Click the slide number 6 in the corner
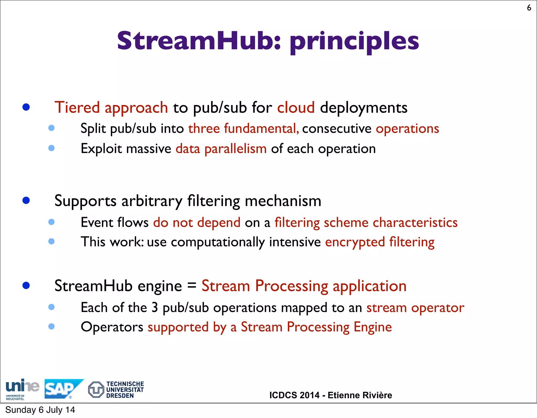click(529, 8)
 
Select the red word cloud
click(296, 107)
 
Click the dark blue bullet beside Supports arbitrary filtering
click(26, 200)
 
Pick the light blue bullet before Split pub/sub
click(52, 128)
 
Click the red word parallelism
click(235, 149)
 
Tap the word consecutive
click(337, 129)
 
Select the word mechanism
click(283, 201)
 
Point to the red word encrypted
click(355, 242)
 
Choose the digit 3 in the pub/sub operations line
click(155, 308)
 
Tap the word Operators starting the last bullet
click(112, 327)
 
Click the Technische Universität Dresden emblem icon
click(96, 389)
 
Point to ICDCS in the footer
click(294, 395)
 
